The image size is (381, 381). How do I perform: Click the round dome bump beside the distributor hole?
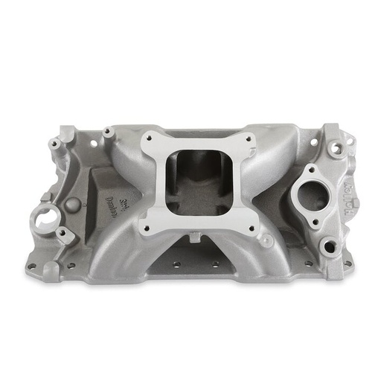pyautogui.click(x=72, y=204)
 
